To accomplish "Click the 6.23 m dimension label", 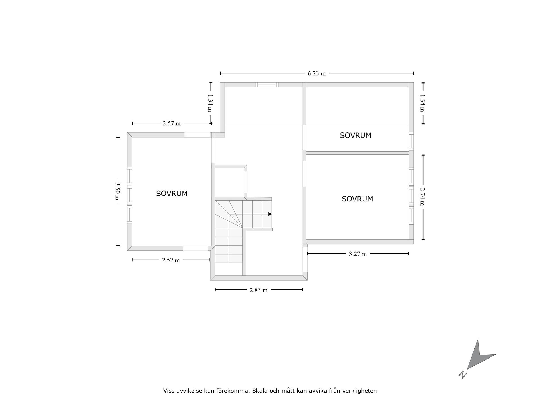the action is [x=317, y=74].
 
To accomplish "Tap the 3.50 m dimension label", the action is [x=117, y=191].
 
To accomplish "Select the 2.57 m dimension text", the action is [x=172, y=123].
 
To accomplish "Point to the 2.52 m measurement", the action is [x=171, y=260].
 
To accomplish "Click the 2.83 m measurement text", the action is [x=258, y=290].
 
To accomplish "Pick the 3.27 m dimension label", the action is [x=358, y=254].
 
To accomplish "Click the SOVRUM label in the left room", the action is [x=172, y=193].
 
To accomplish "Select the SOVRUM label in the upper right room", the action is [x=355, y=135].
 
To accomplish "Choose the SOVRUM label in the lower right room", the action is [x=357, y=199].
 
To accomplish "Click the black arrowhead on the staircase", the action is [x=270, y=214].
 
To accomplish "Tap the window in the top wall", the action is [x=267, y=85].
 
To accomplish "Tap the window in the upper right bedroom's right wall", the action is [x=411, y=141].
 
